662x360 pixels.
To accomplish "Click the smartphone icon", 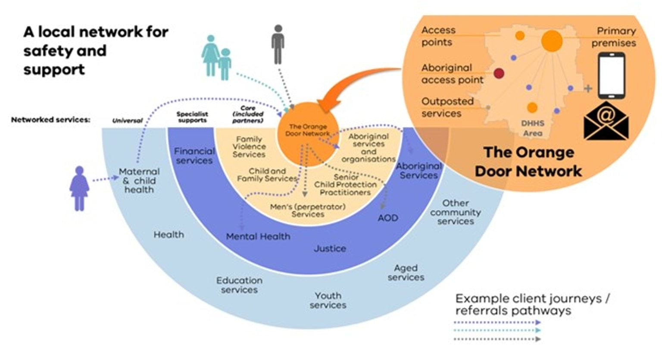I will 611,76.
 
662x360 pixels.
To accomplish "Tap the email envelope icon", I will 606,122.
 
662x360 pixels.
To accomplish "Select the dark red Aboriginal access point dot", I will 499,73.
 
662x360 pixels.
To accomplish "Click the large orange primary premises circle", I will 552,41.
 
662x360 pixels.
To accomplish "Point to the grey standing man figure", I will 278,44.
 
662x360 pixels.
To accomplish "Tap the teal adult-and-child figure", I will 216,57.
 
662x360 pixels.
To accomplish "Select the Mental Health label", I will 258,236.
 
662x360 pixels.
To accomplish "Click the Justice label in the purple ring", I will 330,248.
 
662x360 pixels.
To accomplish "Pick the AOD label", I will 387,218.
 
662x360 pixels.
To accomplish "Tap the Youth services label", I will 328,300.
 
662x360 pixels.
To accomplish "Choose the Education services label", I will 239,285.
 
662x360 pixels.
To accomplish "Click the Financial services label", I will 194,156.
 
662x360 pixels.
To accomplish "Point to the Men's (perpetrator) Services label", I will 308,210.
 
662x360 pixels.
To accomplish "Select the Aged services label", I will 406,272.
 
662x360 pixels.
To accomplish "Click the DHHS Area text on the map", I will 533,128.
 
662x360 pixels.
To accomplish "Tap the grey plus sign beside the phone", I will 588,88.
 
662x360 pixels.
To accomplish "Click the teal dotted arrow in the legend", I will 498,331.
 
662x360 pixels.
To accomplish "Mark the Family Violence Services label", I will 249,147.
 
